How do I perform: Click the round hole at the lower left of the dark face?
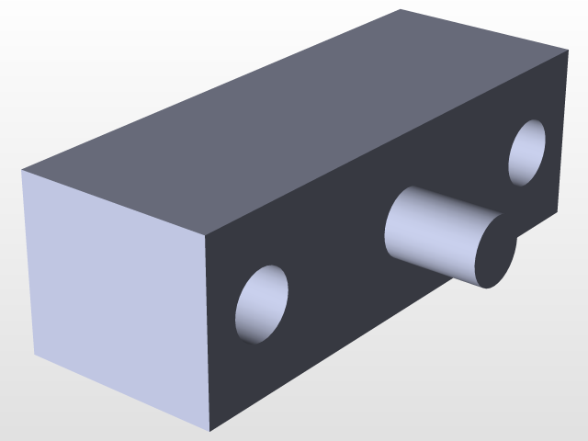click(262, 304)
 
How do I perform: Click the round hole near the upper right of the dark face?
click(527, 153)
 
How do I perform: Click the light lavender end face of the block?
click(115, 294)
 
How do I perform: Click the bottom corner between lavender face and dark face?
click(211, 431)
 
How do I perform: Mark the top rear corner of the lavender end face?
click(22, 171)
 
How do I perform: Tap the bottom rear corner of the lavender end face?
click(35, 355)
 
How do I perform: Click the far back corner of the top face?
click(401, 9)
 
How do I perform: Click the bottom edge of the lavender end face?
click(123, 393)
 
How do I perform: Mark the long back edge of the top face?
click(211, 90)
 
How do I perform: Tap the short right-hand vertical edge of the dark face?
click(563, 132)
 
